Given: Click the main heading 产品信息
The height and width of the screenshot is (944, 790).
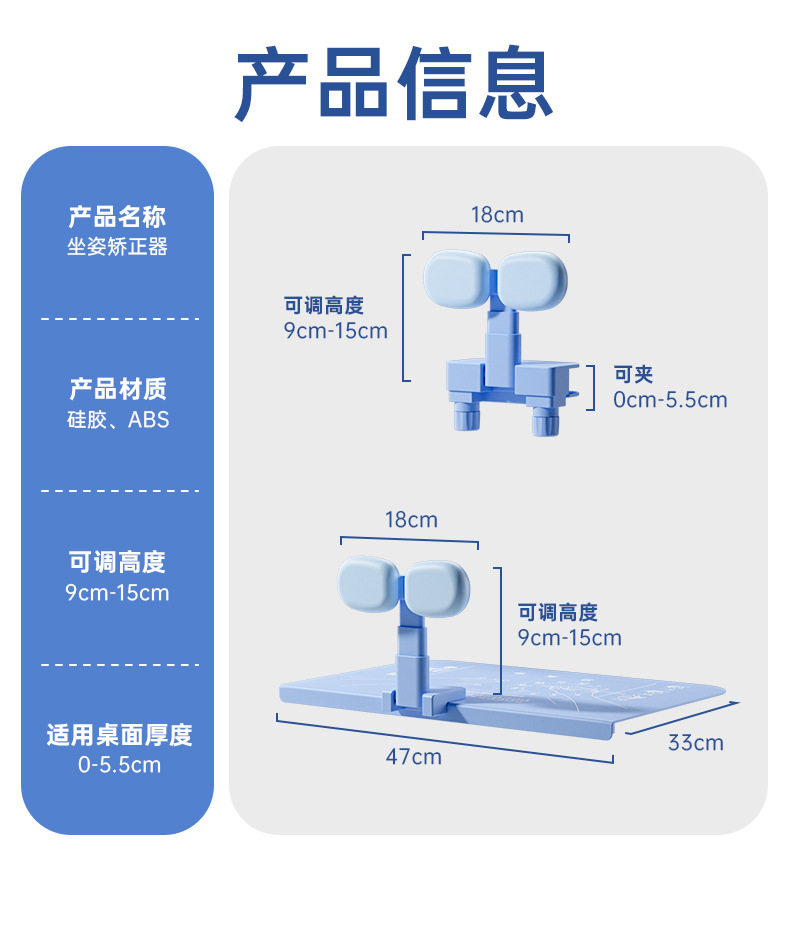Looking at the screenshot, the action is tap(395, 84).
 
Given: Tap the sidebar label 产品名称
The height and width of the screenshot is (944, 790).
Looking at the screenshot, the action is tap(117, 216).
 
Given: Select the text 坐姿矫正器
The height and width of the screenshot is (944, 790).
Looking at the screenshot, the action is tap(117, 247).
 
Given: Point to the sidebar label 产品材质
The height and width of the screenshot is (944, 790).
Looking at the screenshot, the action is tap(117, 389).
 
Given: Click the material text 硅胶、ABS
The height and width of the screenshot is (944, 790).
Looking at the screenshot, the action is tap(117, 420).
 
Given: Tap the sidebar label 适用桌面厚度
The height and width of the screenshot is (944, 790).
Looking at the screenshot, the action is tap(118, 736).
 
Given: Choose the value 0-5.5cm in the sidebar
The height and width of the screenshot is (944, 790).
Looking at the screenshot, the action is tap(118, 766).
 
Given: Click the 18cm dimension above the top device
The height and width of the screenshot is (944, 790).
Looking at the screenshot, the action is tap(497, 215).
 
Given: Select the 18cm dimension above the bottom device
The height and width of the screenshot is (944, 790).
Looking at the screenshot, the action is tap(411, 520).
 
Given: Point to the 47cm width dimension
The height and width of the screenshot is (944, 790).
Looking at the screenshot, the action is tap(414, 757).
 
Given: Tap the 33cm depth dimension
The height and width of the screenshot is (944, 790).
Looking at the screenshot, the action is tap(695, 743).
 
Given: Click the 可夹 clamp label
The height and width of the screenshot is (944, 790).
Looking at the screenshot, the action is tap(633, 375).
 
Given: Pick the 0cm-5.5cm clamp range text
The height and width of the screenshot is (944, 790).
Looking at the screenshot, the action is tap(670, 400).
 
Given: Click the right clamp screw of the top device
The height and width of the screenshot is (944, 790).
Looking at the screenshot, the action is tap(544, 420).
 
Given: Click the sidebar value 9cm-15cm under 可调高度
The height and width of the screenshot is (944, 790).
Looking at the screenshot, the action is tap(117, 593).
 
